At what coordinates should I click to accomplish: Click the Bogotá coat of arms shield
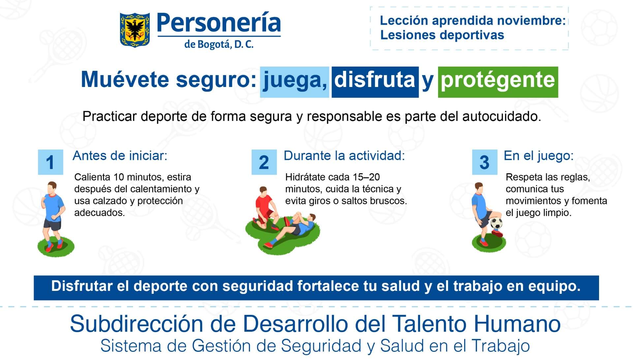point(135,30)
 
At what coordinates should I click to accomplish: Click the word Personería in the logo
point(219,23)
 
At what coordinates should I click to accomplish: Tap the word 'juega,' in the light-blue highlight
point(294,80)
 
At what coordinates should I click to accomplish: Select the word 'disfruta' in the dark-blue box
point(375,80)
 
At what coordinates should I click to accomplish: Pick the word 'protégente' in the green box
point(498,80)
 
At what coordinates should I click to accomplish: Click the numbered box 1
point(50,162)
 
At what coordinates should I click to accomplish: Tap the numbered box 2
point(264,162)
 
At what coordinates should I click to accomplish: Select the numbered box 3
point(484,162)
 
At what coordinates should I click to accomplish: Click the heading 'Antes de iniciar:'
point(120,156)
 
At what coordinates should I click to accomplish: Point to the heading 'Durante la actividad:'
point(344,156)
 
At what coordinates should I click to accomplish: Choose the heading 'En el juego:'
point(539,156)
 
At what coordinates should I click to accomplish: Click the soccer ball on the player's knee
point(496,224)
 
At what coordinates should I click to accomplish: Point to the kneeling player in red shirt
point(265,206)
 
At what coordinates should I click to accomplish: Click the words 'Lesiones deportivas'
point(442,35)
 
